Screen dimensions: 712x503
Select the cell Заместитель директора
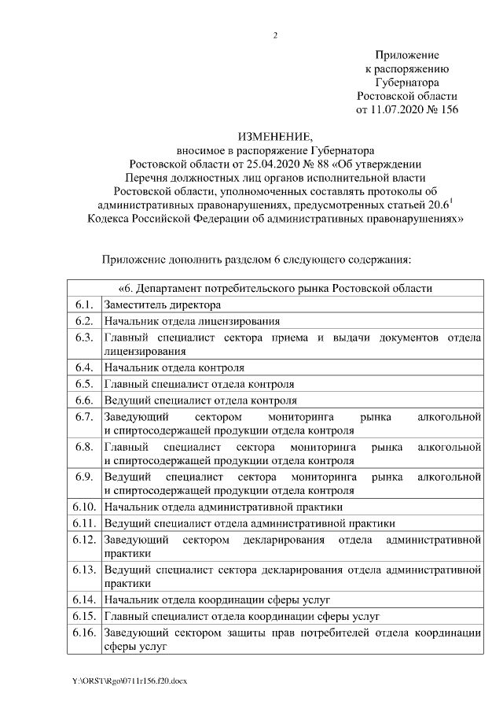163,305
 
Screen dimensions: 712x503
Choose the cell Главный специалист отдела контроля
200,384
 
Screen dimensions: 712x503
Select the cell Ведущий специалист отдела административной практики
249,524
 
